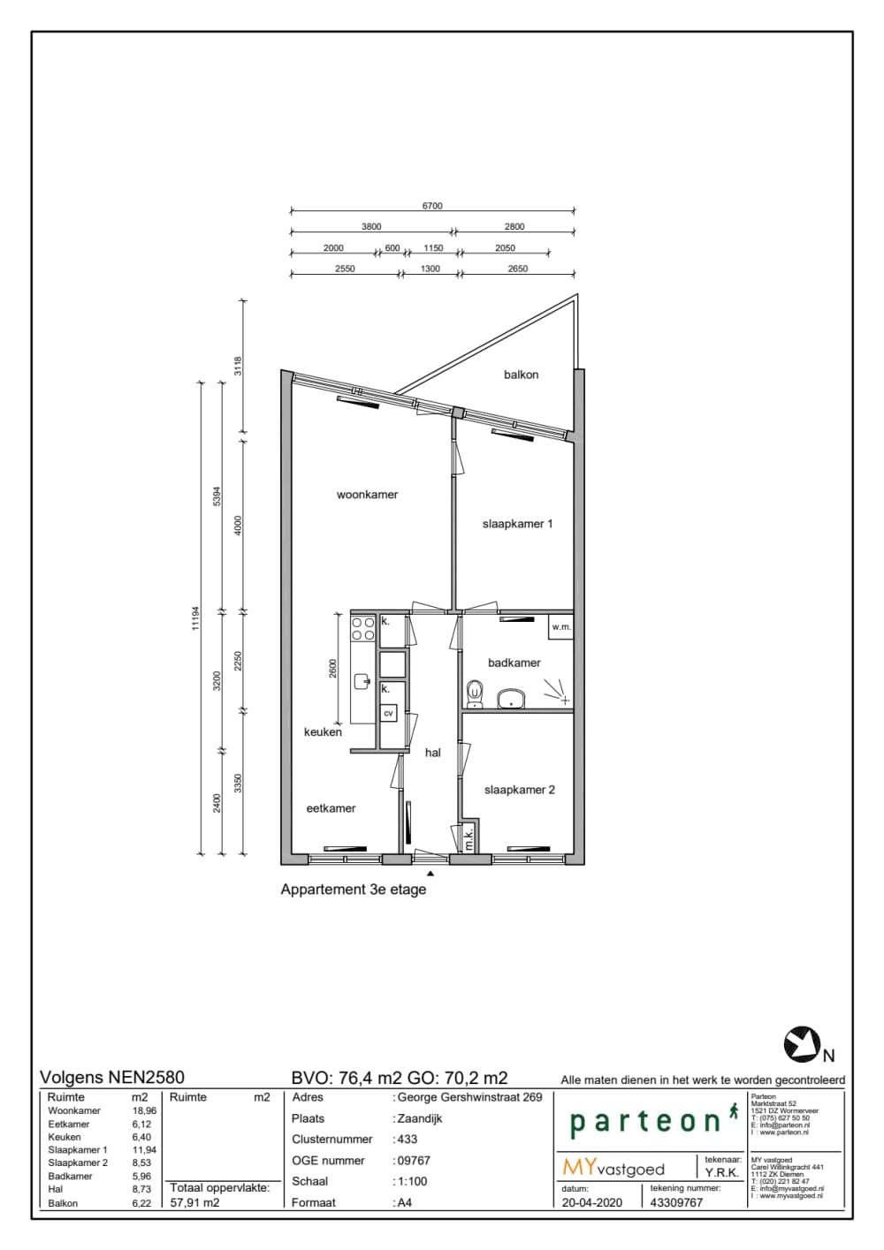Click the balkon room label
[521, 375]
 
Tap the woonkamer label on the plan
[367, 495]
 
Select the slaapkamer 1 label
[517, 524]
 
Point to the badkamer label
[514, 663]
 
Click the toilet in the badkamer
[476, 693]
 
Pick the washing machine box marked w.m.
[560, 626]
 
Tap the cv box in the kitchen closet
[388, 712]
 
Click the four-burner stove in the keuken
[363, 628]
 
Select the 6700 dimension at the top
[432, 206]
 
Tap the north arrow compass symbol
[802, 1045]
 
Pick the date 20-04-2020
[591, 1202]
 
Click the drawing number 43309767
[676, 1202]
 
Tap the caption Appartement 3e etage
[353, 890]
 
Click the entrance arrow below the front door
[431, 872]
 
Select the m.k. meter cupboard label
[469, 838]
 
